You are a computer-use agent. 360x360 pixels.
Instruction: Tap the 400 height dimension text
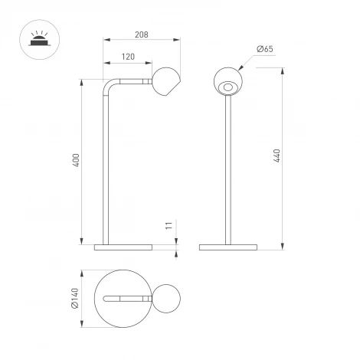tap(76, 162)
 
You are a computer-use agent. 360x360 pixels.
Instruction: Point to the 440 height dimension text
tap(278, 157)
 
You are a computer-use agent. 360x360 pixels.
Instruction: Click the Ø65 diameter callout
tap(265, 50)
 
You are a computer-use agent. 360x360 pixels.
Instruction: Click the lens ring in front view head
tap(227, 90)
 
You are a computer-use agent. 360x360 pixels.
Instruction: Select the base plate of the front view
tap(227, 247)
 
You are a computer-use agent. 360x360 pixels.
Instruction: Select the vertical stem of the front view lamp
tap(227, 169)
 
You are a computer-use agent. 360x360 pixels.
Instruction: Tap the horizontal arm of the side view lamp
tap(134, 80)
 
